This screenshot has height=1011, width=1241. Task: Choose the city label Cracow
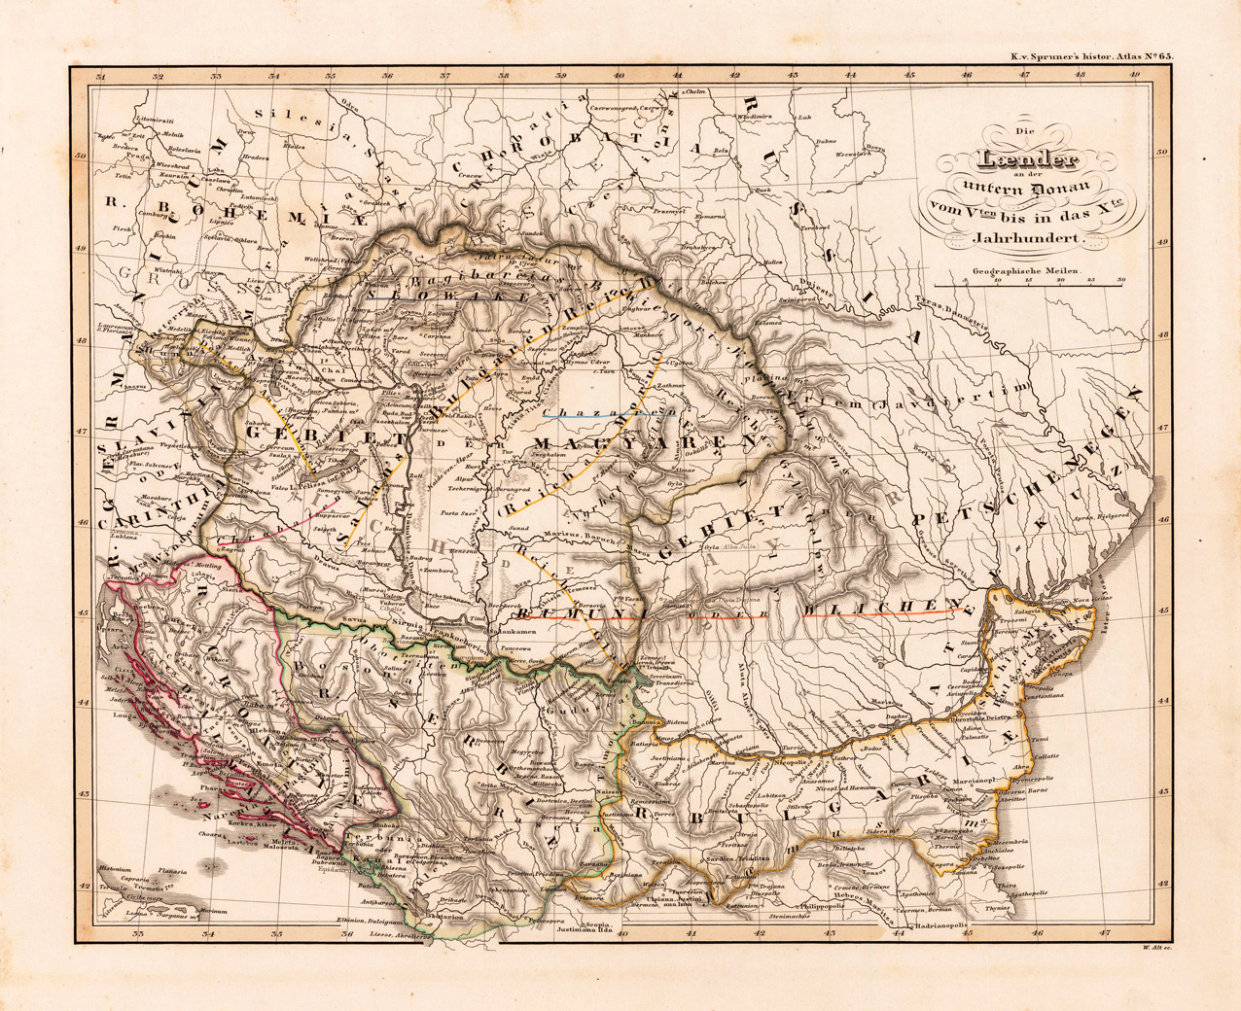click(x=472, y=176)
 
